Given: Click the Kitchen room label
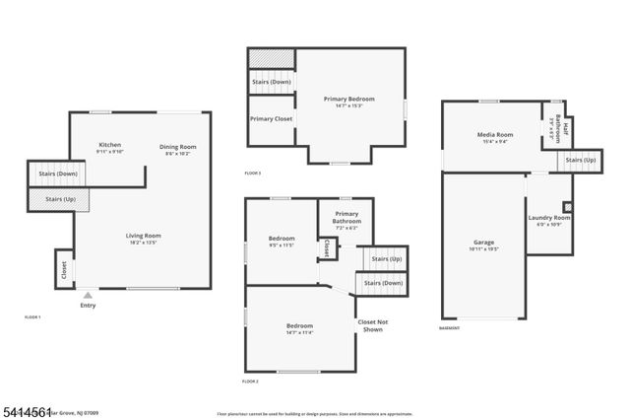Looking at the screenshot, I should click(109, 146).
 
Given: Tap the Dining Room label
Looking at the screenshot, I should click(179, 147).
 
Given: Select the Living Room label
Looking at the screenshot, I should click(143, 236).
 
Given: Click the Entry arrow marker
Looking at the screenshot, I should click(88, 294).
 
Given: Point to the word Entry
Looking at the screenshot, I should click(88, 306).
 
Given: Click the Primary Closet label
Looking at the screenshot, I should click(271, 119).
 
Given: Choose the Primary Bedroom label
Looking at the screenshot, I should click(349, 99).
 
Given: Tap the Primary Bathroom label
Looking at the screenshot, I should click(346, 218).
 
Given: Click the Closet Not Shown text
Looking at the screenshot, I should click(371, 326).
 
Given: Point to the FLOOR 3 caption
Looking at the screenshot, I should click(252, 174).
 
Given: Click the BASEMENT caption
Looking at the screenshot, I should click(450, 328).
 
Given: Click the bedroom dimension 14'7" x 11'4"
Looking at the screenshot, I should click(299, 332).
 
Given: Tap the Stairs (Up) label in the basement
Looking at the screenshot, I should click(580, 160).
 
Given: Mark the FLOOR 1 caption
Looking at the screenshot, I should click(32, 317).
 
